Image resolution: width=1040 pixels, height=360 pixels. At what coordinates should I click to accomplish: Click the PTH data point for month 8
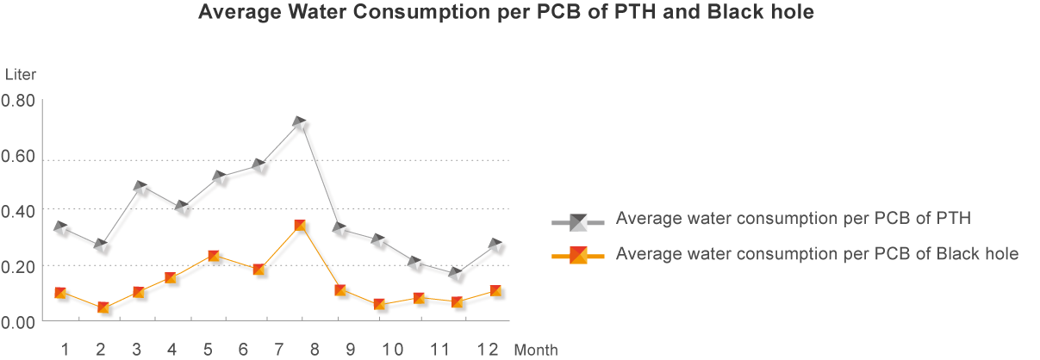299,124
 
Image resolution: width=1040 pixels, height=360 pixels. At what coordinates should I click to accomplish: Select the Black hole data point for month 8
299,226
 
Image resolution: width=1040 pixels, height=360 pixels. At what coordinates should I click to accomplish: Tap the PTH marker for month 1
60,228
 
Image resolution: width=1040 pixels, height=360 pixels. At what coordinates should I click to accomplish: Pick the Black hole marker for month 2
103,307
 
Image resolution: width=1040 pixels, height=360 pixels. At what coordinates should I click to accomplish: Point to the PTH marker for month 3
140,188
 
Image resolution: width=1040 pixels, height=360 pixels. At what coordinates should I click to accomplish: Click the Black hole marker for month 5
213,256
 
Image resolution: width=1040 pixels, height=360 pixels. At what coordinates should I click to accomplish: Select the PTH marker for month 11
455,275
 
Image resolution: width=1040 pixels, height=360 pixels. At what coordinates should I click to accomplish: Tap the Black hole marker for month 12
495,291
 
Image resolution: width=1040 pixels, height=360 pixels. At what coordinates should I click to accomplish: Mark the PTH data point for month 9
339,230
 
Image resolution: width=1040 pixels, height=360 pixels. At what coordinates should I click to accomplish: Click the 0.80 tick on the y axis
18,101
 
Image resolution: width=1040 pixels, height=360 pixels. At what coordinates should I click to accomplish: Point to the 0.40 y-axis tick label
18,210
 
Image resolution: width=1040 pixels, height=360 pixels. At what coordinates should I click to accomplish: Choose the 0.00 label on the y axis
18,321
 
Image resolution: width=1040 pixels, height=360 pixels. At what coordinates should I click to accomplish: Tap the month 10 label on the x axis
392,349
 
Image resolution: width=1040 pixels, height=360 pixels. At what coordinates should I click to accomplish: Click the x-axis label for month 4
172,349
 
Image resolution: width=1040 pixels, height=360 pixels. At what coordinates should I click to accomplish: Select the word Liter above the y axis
21,74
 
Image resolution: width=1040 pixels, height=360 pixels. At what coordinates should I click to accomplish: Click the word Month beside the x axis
536,350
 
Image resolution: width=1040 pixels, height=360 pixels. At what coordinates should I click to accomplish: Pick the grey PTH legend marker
578,222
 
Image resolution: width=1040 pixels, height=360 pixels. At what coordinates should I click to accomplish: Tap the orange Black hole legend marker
578,255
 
